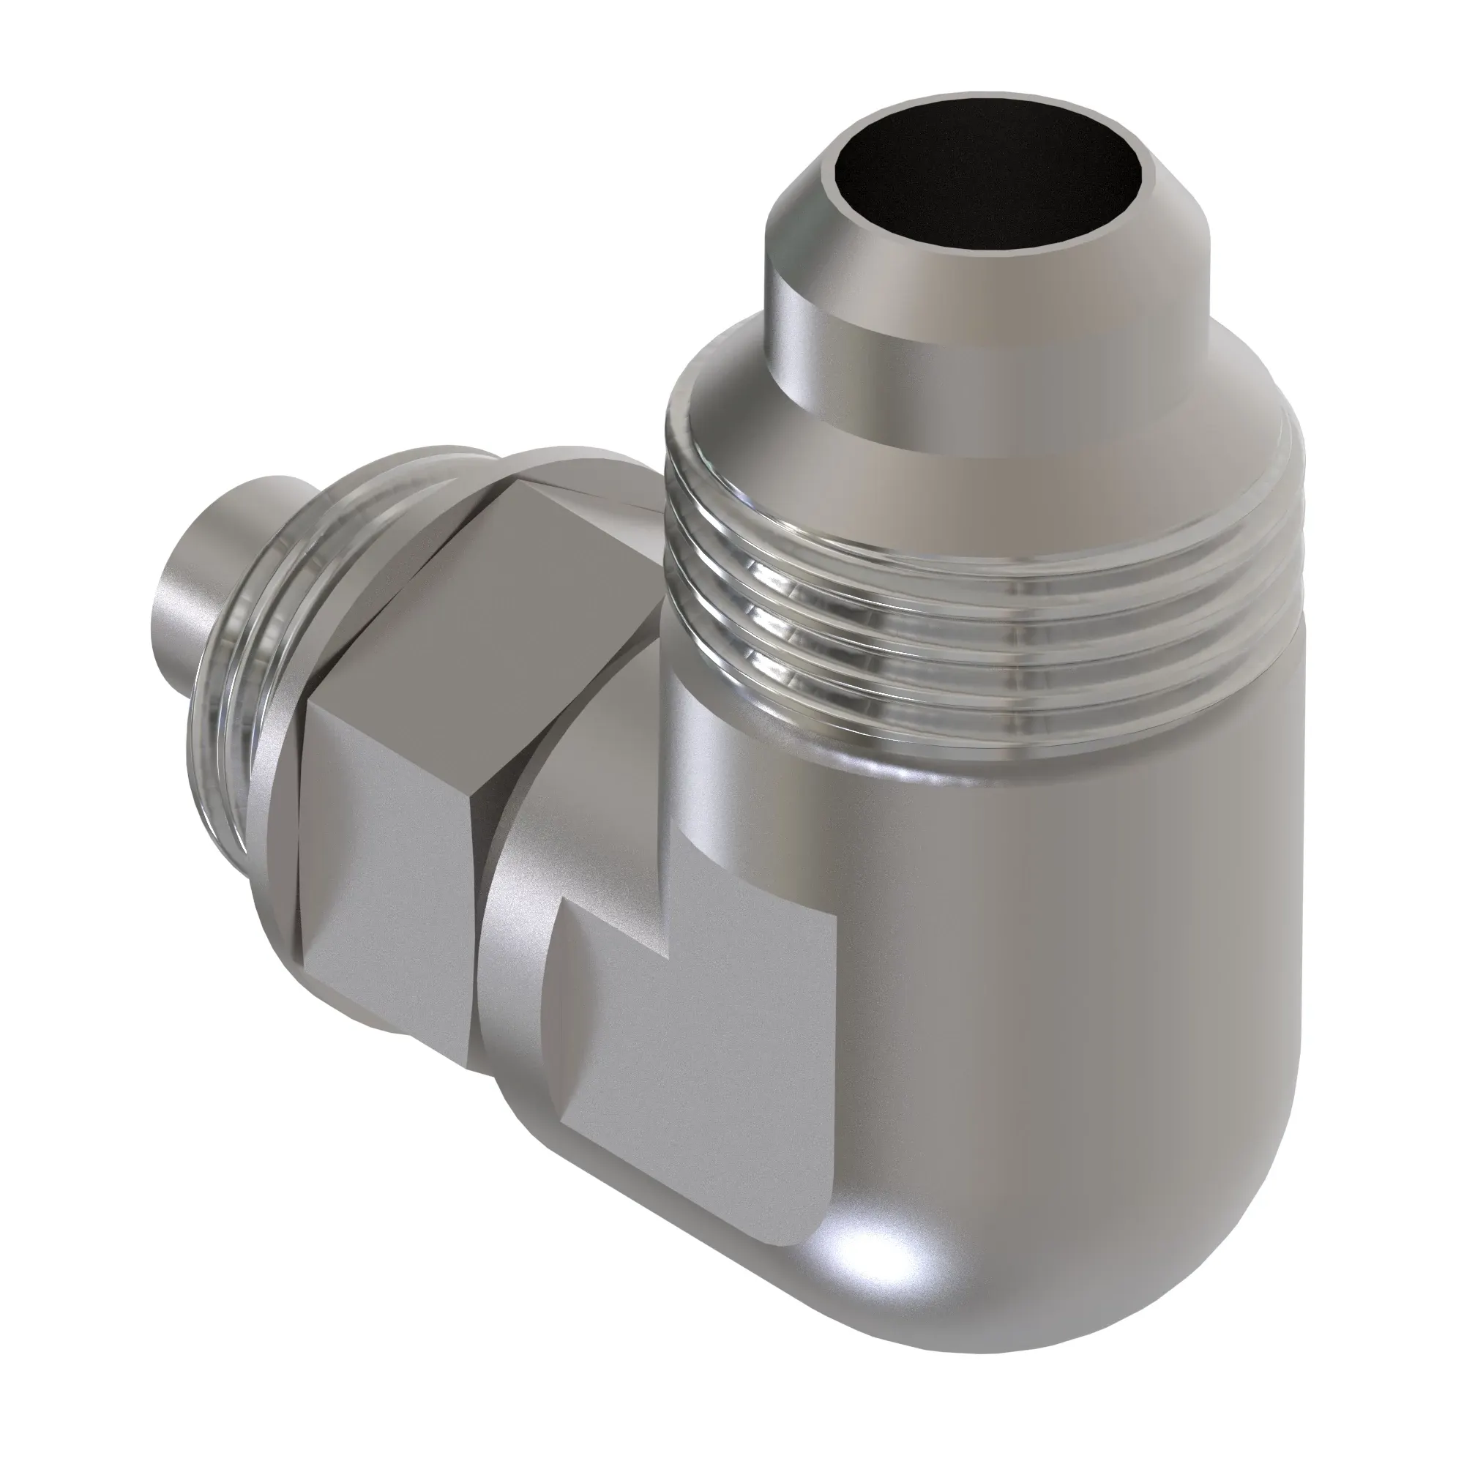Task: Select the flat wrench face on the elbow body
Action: [x=682, y=1061]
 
